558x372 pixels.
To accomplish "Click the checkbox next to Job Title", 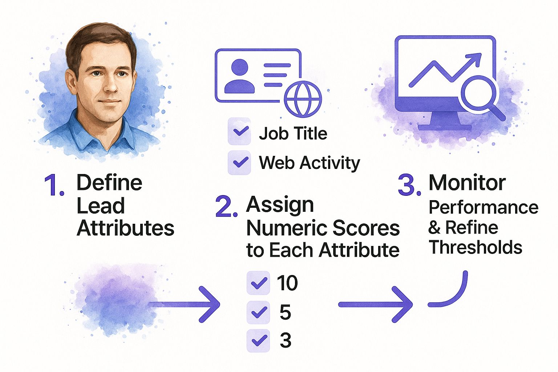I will coord(239,132).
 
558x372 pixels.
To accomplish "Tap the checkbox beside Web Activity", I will coord(239,162).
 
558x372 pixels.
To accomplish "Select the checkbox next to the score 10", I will coord(258,283).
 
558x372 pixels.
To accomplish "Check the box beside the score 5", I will coord(258,312).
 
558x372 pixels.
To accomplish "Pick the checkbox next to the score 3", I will coord(258,340).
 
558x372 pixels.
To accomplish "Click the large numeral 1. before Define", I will coord(54,186).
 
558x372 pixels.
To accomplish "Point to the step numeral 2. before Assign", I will coord(226,207).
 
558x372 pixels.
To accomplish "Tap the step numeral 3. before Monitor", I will coord(409,185).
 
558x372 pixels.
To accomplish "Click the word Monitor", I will coord(467,183).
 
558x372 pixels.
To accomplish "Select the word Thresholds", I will coord(476,247).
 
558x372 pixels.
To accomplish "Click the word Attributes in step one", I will coord(125,228).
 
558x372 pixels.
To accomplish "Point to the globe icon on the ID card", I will coord(303,98).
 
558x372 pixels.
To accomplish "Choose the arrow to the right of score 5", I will coord(376,304).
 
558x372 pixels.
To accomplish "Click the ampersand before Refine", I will coord(434,228).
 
